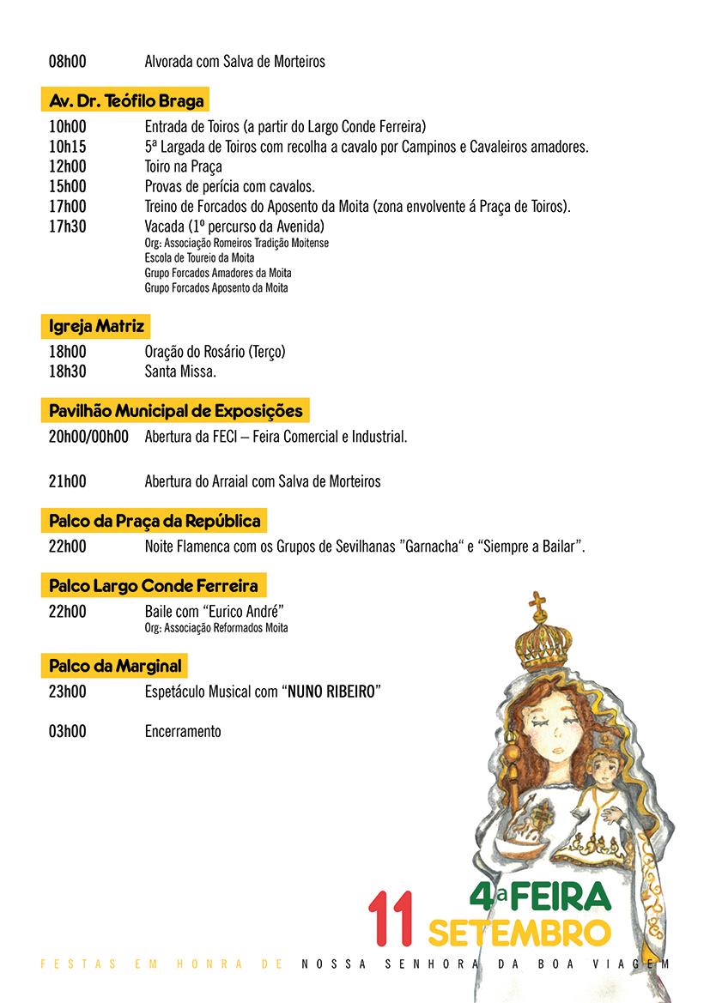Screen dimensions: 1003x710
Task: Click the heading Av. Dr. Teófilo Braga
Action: click(126, 101)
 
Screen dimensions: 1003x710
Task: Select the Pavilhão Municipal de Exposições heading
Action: click(175, 411)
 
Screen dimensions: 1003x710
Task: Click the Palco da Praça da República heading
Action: click(155, 521)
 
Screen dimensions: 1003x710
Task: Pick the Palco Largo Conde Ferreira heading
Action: click(153, 587)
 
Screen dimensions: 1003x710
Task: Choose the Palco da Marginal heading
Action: click(116, 665)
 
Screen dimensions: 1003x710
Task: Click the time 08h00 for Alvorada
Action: click(68, 62)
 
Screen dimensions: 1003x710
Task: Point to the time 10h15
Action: click(68, 147)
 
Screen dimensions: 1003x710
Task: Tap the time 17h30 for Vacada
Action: click(68, 227)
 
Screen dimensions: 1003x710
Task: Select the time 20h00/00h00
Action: click(88, 437)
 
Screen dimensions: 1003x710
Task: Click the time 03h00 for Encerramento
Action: click(68, 732)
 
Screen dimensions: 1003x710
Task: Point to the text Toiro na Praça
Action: click(184, 166)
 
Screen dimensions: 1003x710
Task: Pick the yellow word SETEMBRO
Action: click(519, 931)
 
